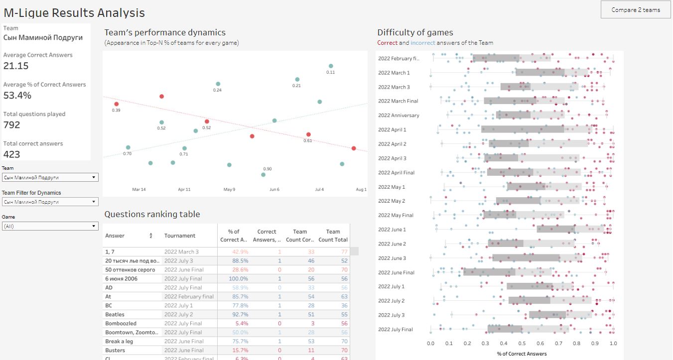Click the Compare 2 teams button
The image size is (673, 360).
(636, 10)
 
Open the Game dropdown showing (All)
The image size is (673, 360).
(50, 226)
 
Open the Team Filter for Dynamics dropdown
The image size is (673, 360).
(50, 202)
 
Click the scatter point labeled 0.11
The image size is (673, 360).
(331, 66)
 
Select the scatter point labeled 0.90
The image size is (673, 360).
(263, 174)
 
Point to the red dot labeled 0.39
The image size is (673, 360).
(117, 104)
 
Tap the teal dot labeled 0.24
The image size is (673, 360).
(218, 84)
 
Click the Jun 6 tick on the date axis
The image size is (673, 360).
(274, 190)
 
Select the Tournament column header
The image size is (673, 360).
(180, 236)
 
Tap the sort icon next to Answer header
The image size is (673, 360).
(151, 236)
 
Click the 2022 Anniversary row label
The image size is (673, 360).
(399, 116)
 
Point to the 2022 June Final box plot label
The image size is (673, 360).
(396, 273)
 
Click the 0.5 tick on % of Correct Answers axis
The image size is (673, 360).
(522, 344)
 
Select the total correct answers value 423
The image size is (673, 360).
(12, 154)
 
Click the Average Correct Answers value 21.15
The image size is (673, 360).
(16, 66)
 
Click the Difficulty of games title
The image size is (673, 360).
(415, 33)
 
